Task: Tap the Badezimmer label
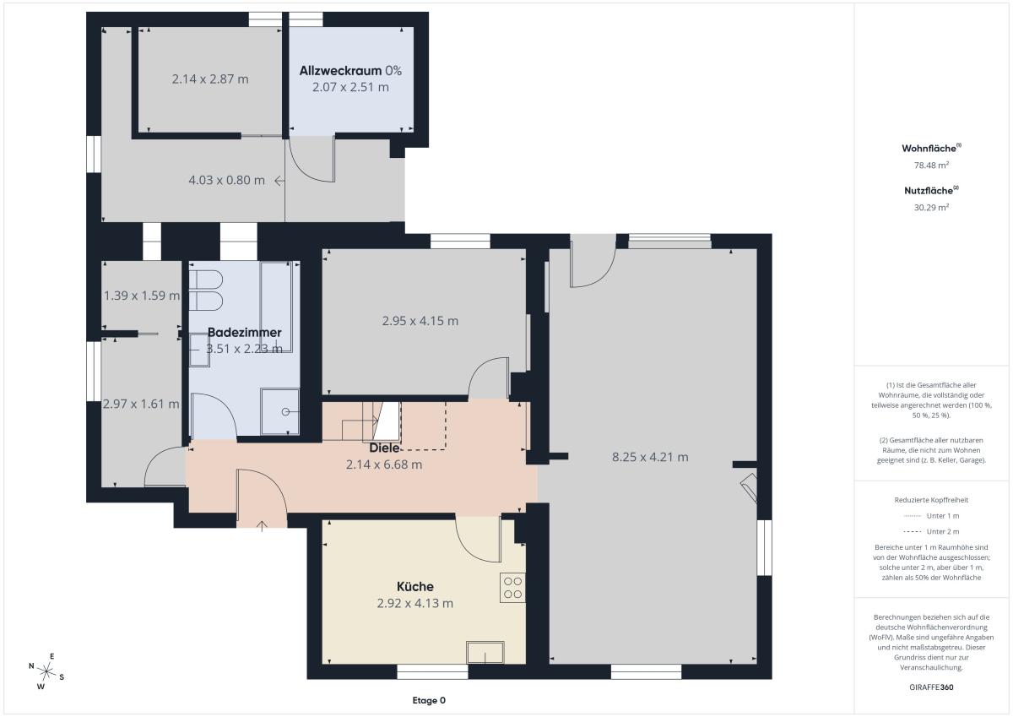point(244,332)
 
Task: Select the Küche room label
point(414,586)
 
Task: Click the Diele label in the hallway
point(384,448)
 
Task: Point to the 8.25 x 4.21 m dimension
point(650,457)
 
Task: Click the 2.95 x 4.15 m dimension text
point(420,321)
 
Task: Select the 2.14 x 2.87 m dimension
point(210,79)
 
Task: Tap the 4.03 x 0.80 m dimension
point(226,180)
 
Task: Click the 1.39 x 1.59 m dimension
point(142,296)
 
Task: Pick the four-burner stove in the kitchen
point(512,587)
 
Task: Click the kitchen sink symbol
point(485,652)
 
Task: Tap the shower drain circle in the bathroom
point(285,411)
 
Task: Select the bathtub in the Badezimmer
point(276,307)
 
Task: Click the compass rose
point(46,671)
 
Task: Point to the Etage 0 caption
point(429,700)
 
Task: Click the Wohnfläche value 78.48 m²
point(931,166)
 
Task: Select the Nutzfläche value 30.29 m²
point(931,207)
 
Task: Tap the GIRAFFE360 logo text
point(931,687)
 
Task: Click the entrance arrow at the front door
point(262,526)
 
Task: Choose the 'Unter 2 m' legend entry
point(931,531)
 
